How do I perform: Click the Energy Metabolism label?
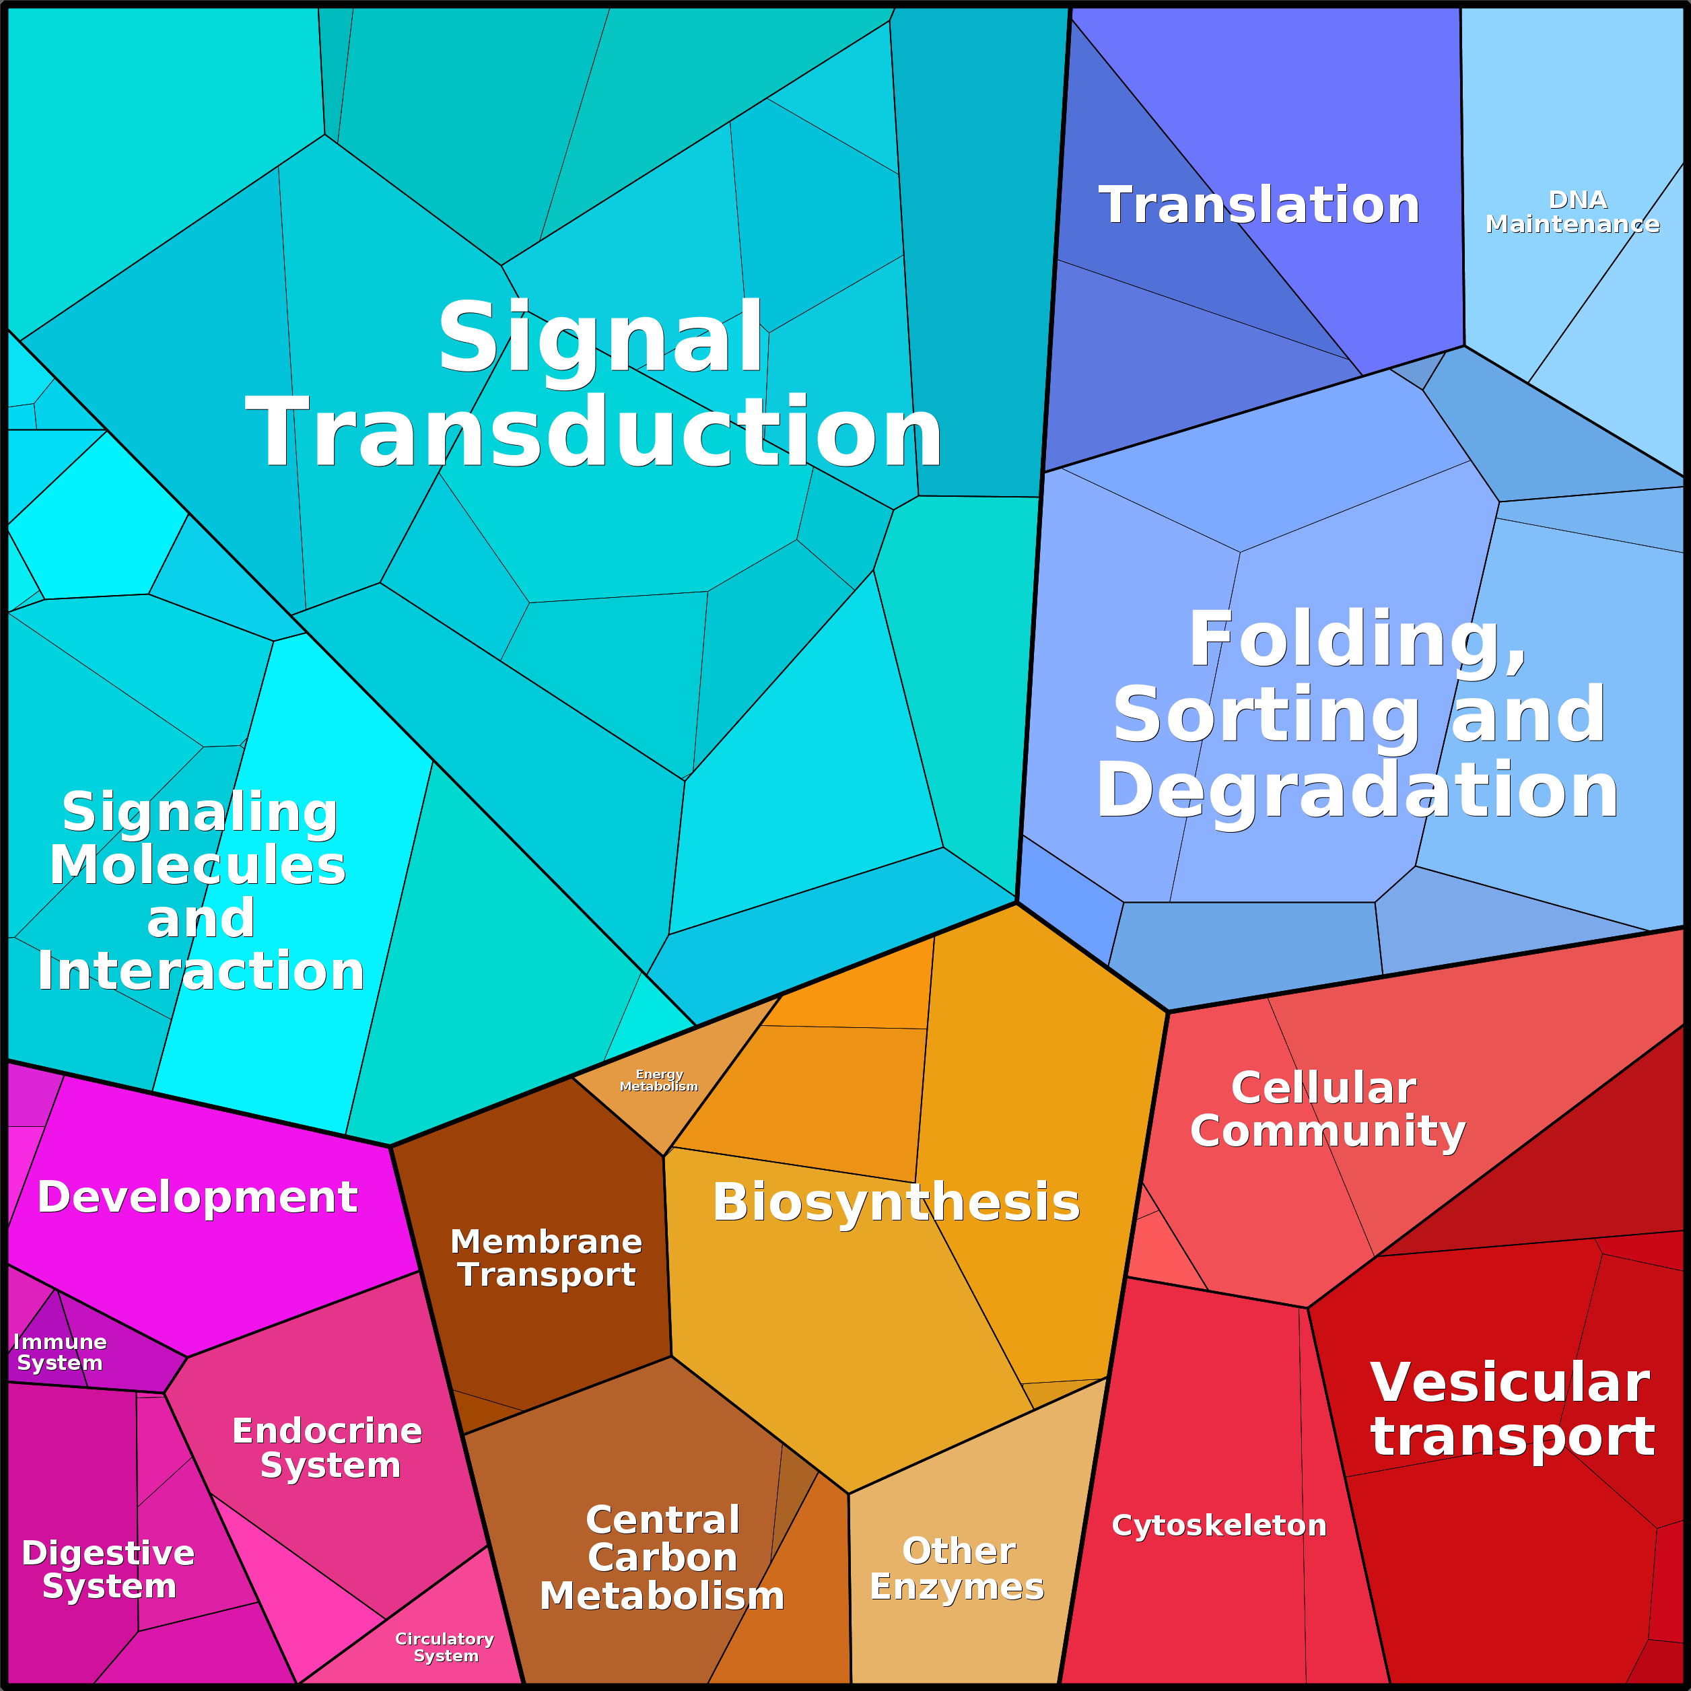click(658, 1080)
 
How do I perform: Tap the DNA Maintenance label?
click(1572, 212)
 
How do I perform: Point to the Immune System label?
click(59, 1352)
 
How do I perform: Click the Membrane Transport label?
click(546, 1257)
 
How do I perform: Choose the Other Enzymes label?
click(957, 1568)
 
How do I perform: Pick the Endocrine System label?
click(327, 1448)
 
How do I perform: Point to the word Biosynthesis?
click(896, 1202)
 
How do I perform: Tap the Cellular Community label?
click(1327, 1110)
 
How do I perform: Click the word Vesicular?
click(1510, 1383)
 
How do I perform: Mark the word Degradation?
click(1356, 791)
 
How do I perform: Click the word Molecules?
click(198, 865)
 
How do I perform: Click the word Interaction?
click(201, 971)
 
